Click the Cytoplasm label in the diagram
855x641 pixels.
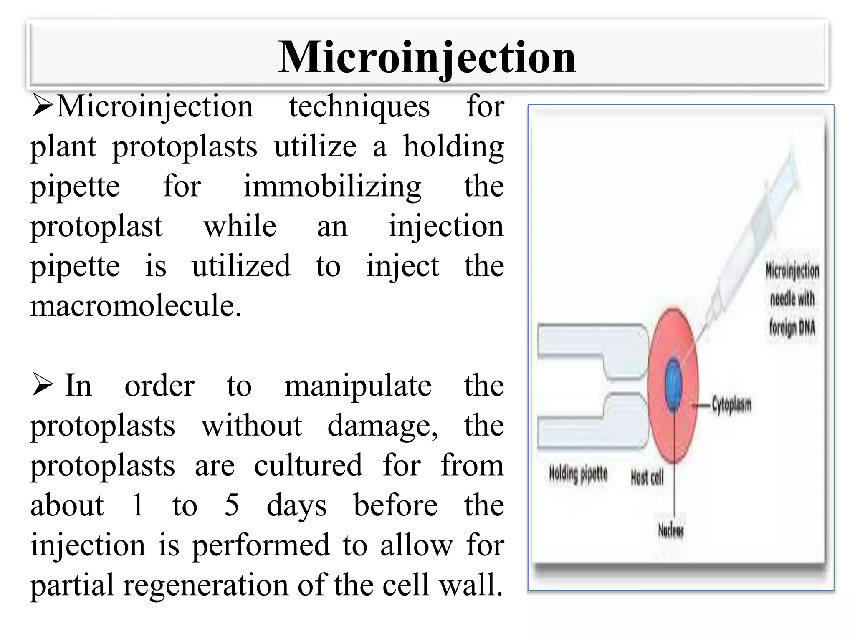point(731,404)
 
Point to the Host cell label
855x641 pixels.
point(647,478)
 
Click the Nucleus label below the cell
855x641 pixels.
point(671,531)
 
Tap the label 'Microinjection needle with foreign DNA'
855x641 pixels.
point(792,299)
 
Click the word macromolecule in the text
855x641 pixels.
point(136,306)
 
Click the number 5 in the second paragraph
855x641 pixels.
point(232,505)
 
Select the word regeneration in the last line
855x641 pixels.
point(207,585)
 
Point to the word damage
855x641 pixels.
point(382,426)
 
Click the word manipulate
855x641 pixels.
point(358,386)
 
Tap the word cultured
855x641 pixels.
point(308,465)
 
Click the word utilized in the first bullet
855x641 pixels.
point(241,266)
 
